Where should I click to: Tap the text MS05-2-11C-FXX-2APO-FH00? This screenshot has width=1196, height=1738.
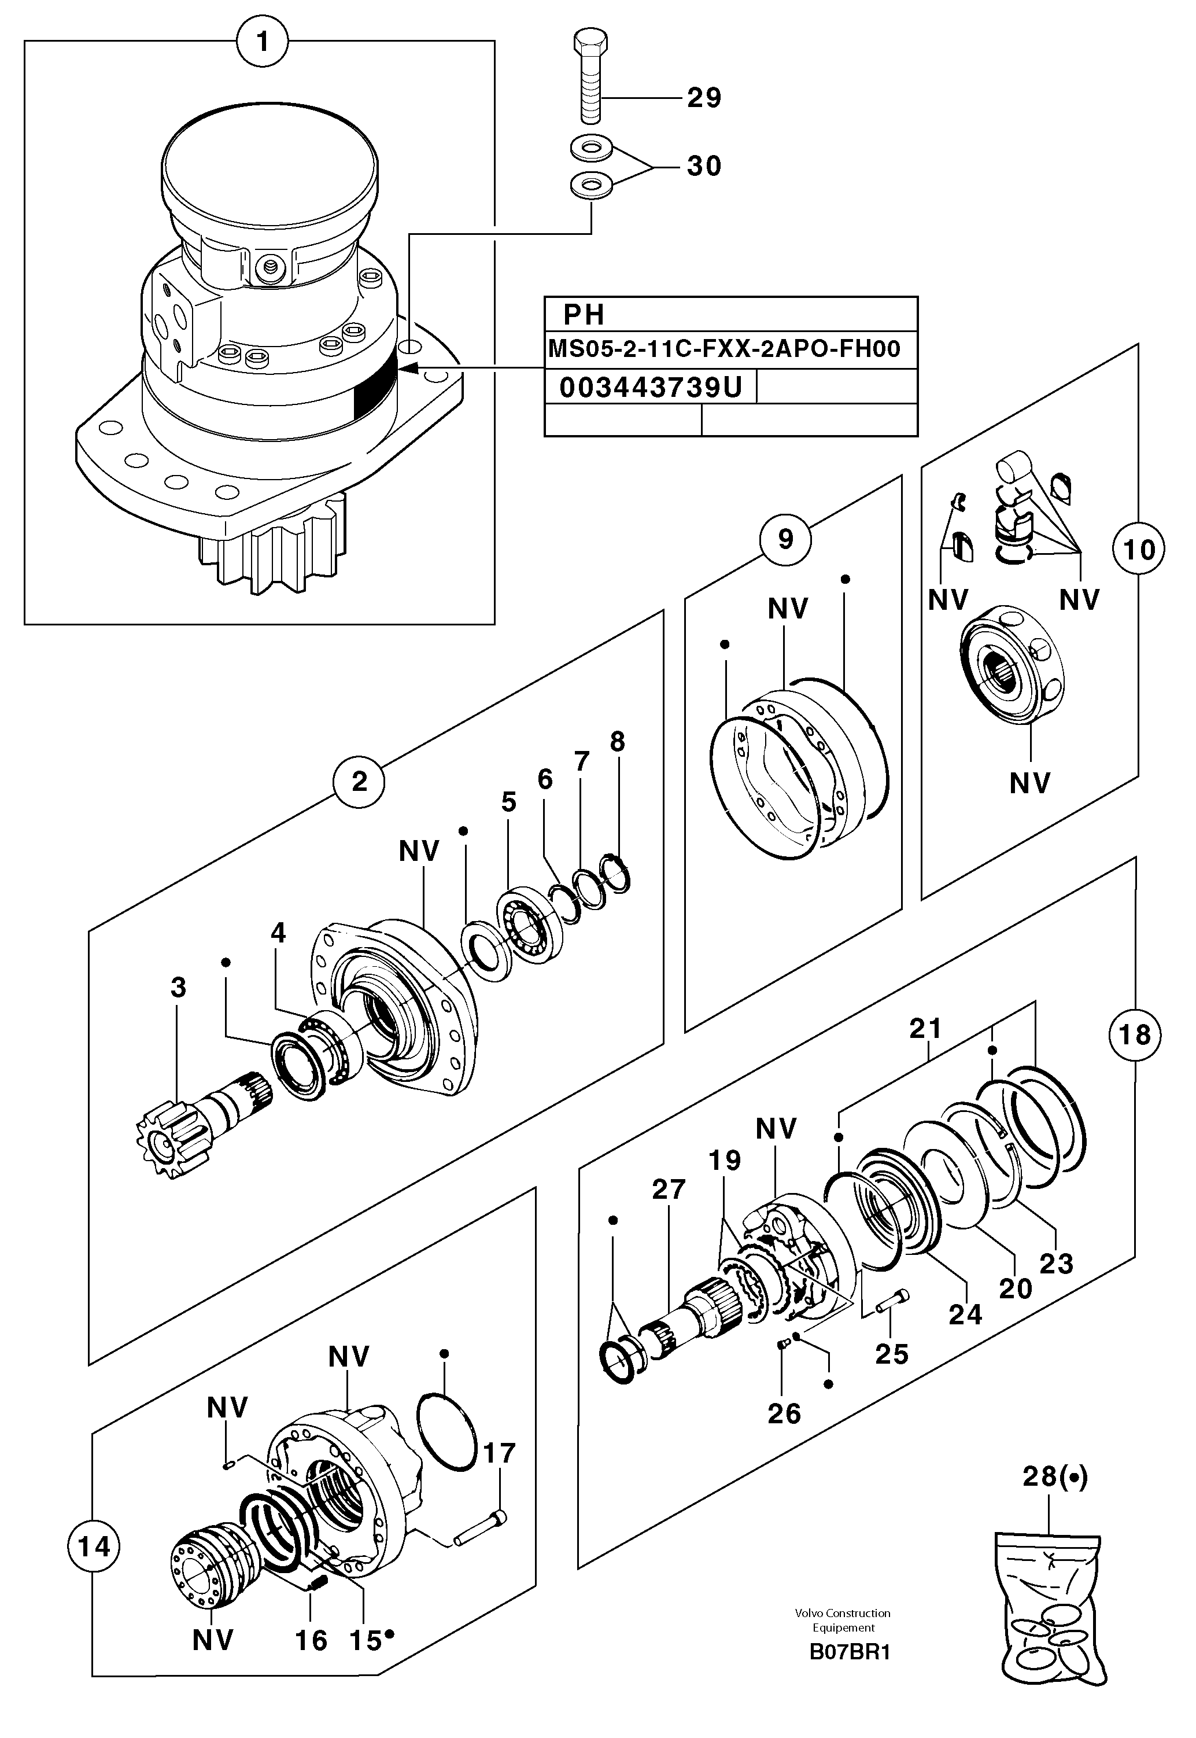[724, 349]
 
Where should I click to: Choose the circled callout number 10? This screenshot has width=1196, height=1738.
[1138, 550]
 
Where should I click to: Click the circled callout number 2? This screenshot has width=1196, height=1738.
[359, 782]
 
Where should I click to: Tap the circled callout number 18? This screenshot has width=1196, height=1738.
[1134, 1034]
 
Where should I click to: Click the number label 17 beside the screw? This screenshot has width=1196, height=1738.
[499, 1453]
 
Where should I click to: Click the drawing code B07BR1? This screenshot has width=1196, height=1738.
[850, 1652]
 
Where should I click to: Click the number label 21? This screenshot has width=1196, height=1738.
[925, 1029]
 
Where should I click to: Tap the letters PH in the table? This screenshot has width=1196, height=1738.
[584, 315]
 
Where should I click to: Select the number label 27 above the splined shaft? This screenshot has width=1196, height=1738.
[669, 1190]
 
